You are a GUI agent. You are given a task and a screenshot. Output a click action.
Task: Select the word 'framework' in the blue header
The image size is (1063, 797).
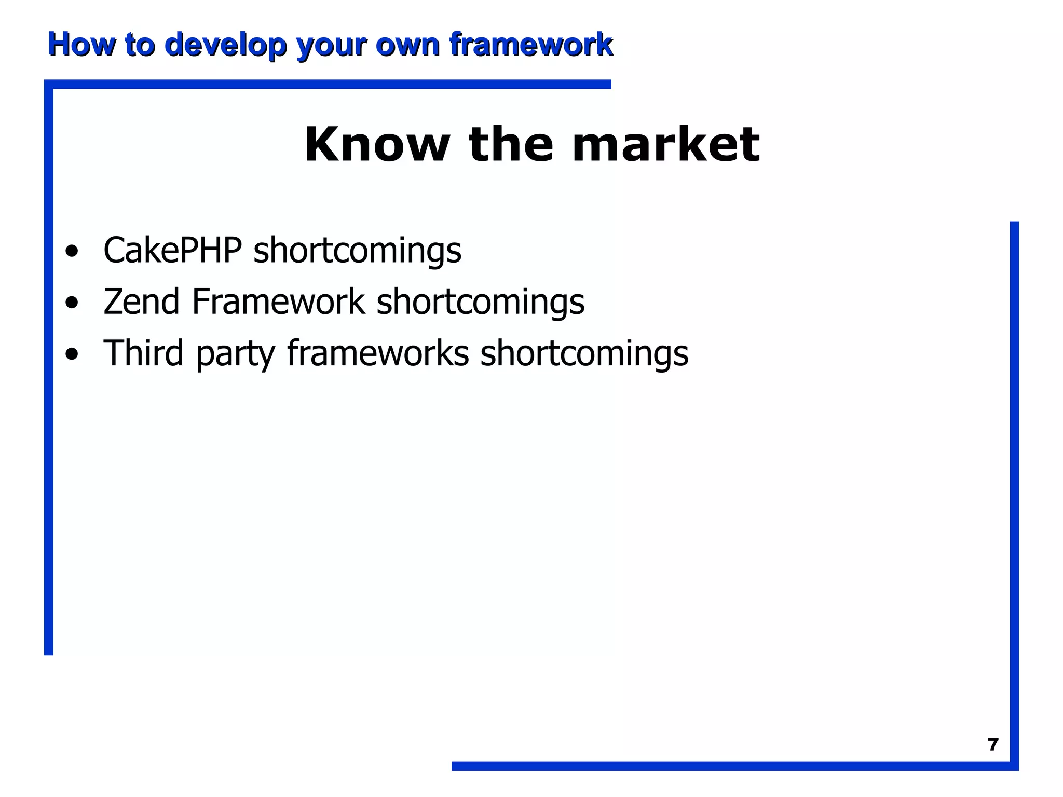point(531,45)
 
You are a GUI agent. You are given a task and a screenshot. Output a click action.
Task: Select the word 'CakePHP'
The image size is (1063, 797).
point(173,250)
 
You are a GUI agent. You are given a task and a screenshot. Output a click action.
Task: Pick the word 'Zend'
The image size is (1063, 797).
point(141,301)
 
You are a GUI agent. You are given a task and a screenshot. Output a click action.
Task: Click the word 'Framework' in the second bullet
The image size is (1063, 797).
point(278,301)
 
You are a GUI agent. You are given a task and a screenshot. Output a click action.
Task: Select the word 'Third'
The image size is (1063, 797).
point(144,353)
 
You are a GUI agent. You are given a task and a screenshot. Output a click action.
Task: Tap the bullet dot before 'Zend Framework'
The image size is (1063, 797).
point(72,303)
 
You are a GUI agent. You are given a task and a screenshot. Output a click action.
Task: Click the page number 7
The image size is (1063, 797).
point(993,745)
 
